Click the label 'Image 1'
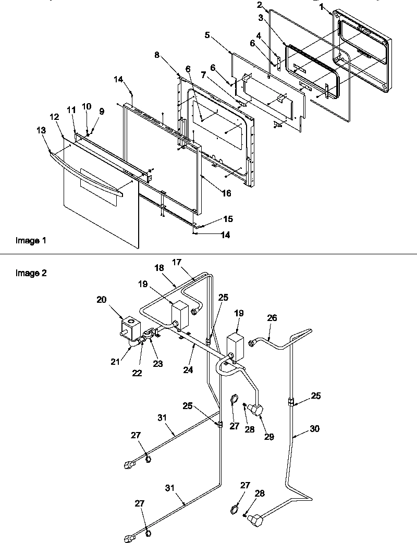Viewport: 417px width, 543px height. [31, 241]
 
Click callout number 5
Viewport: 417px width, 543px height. [207, 35]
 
